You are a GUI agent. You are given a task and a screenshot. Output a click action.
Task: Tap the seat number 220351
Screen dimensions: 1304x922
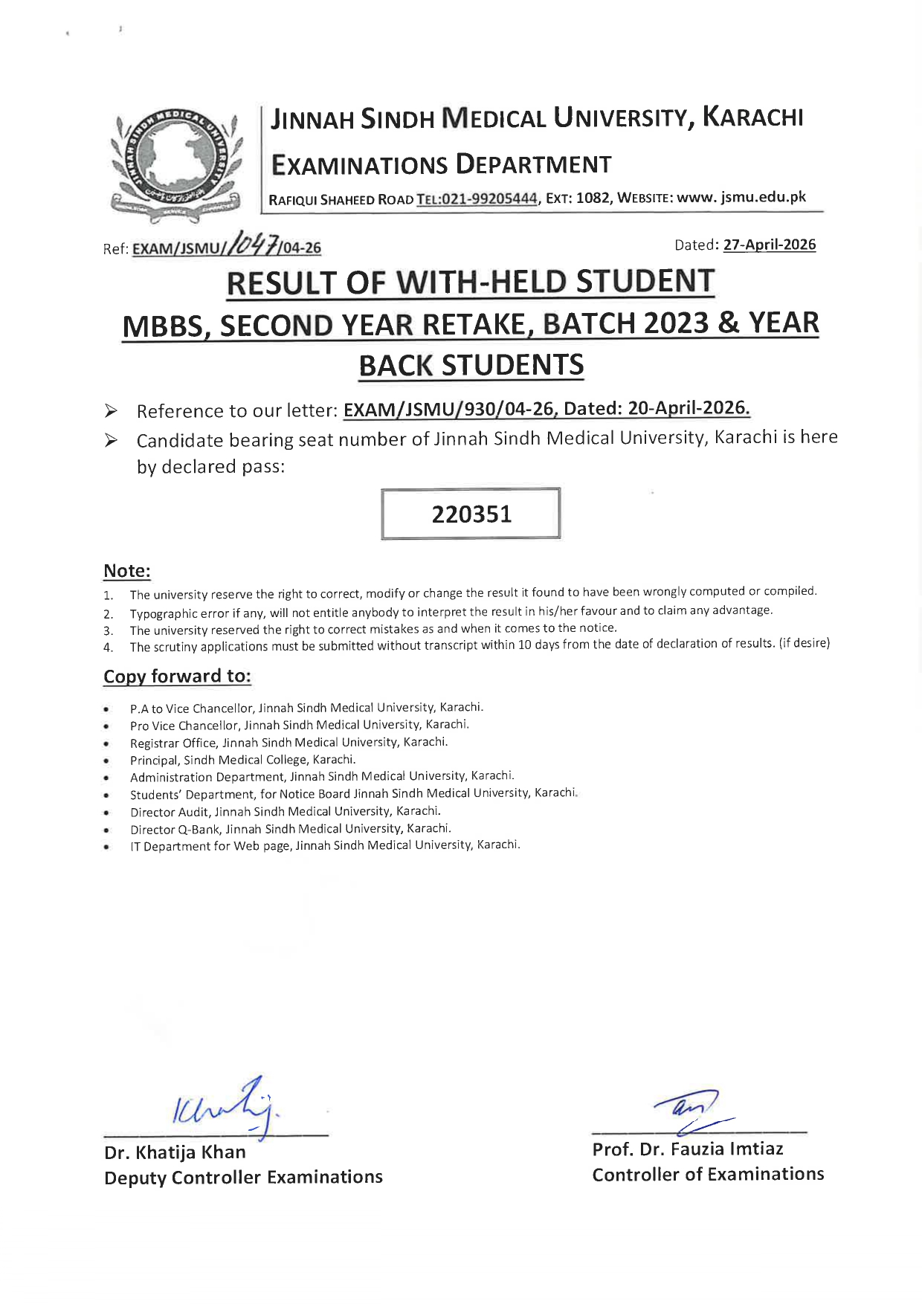coord(471,514)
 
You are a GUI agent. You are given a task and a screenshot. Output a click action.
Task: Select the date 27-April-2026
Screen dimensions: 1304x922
coord(769,245)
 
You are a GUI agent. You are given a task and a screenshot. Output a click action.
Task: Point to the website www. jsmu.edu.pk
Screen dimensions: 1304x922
coord(741,197)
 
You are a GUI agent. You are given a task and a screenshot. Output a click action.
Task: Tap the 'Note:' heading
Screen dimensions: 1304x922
coord(126,571)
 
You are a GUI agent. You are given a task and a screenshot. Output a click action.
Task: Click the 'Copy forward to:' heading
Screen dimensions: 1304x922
coord(177,676)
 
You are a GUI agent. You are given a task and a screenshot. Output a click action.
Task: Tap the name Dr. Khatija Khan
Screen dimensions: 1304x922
coord(175,1152)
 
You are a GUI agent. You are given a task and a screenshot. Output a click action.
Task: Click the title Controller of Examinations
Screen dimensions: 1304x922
coord(707,1174)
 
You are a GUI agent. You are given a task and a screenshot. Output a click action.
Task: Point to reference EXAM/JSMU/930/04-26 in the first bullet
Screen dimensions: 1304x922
coord(450,410)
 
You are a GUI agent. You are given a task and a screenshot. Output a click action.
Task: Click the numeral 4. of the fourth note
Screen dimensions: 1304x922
coord(108,648)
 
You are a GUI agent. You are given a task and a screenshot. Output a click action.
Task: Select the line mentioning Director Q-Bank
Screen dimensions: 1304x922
coord(290,828)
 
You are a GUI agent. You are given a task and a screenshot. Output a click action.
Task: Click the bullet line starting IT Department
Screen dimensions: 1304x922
coord(324,845)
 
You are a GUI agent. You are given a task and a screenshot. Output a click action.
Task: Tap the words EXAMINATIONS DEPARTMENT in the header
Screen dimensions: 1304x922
coord(441,164)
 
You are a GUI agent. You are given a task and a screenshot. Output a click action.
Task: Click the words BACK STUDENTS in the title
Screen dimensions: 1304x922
coord(471,365)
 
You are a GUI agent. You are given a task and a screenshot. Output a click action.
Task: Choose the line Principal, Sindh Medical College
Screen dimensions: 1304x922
coord(242,760)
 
